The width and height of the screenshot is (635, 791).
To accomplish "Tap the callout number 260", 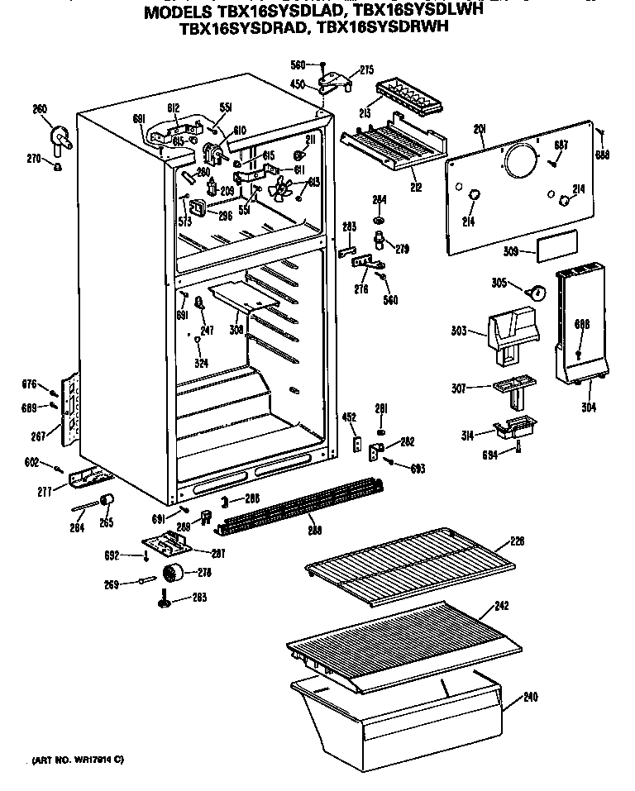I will [x=40, y=109].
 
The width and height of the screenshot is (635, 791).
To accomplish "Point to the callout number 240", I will [x=530, y=697].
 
